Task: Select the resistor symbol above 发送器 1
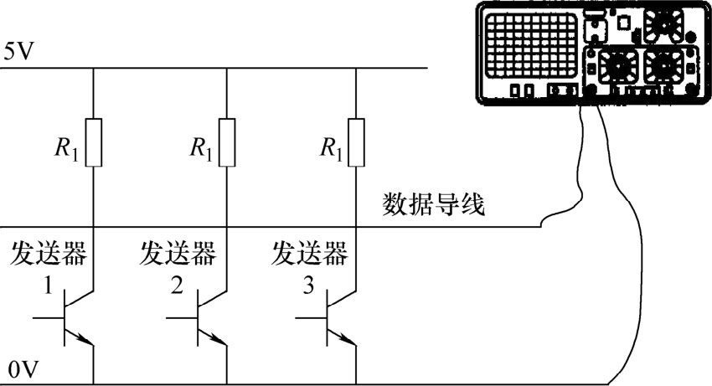93,143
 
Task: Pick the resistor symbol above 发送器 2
227,143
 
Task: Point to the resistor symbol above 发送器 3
356,143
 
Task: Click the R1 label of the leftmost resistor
69,149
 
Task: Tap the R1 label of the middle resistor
201,149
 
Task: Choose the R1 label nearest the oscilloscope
331,149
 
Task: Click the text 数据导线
433,203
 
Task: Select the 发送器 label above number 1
48,252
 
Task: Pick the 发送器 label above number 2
178,252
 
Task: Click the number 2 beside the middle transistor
177,287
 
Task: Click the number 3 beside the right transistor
308,287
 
